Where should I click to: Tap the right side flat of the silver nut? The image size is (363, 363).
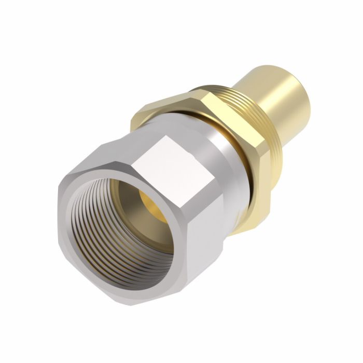pos(207,228)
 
